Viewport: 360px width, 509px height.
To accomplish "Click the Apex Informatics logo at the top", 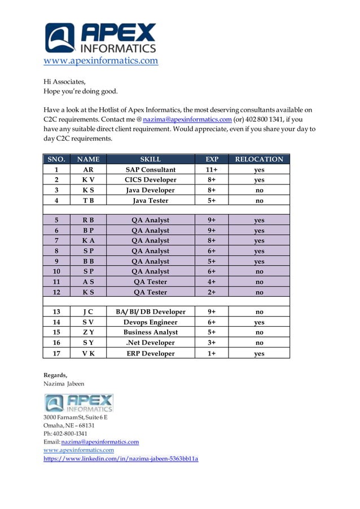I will (x=100, y=38).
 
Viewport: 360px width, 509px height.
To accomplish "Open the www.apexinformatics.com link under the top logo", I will (x=101, y=61).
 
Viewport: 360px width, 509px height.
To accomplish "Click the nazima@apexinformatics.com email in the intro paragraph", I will (x=187, y=120).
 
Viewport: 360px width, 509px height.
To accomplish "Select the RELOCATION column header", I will (x=259, y=159).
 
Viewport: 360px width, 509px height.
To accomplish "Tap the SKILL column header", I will (x=150, y=159).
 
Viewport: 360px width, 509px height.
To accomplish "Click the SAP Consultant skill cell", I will (x=150, y=169).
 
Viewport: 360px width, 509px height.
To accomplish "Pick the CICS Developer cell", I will (x=150, y=180).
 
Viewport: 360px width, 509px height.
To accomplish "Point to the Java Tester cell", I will (x=150, y=200).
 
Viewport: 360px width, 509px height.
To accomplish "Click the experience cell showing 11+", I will (x=212, y=169).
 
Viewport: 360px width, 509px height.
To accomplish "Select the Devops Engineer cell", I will (x=150, y=322).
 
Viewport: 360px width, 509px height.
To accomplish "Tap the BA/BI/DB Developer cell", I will (x=150, y=311).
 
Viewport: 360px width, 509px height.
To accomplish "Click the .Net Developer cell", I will (x=150, y=343).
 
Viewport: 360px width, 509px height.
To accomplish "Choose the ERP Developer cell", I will (x=150, y=353).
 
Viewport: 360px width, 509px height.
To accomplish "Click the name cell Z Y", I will (x=88, y=332).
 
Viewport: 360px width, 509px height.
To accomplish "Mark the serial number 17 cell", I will (x=56, y=353).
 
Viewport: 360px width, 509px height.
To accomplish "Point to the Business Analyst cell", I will (x=150, y=332).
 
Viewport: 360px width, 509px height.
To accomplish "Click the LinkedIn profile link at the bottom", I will (x=121, y=459).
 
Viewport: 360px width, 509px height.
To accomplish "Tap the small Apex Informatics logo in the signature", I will (x=79, y=403).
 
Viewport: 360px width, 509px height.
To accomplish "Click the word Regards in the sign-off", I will (x=55, y=375).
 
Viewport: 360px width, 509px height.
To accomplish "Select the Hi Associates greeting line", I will (x=64, y=82).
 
